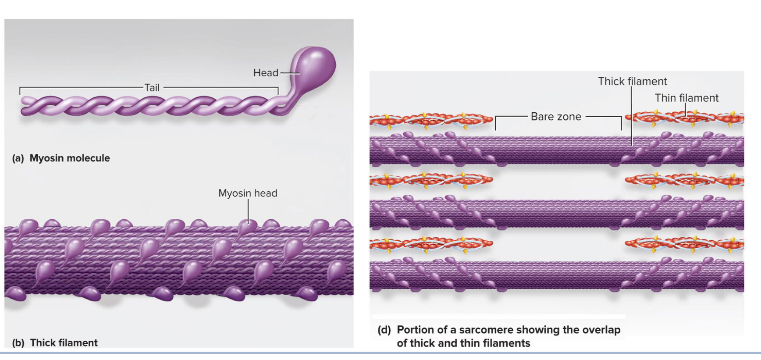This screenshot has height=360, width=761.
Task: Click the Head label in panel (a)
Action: [266, 73]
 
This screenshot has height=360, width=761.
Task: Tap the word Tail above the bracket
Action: [152, 88]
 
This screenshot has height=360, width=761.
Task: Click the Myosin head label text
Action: [248, 193]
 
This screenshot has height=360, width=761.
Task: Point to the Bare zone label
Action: [556, 117]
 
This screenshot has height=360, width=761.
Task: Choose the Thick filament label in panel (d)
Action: [632, 82]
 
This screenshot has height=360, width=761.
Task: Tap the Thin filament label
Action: [686, 98]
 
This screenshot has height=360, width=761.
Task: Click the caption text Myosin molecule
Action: [70, 158]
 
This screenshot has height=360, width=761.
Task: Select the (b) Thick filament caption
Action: [55, 343]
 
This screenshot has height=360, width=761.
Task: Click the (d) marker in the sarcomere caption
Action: [384, 330]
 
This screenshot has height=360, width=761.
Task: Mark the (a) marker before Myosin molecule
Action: [18, 158]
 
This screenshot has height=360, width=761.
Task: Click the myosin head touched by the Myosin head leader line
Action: [246, 227]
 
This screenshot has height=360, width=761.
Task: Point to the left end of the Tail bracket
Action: [20, 91]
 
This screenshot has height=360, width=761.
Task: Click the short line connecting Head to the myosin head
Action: [290, 73]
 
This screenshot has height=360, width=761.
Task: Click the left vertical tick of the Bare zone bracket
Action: [496, 123]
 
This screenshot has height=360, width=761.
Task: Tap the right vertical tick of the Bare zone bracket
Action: [621, 123]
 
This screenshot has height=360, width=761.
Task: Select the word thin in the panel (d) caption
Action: [477, 343]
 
